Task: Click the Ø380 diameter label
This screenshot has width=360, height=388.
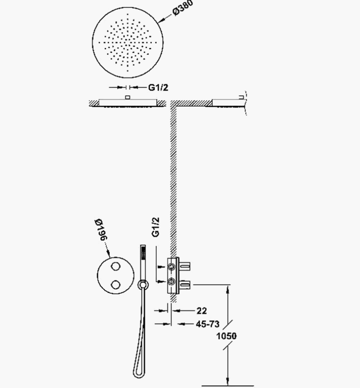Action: (x=183, y=8)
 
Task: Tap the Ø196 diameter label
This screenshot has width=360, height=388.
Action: (x=101, y=229)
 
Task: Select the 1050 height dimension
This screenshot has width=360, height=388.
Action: (x=226, y=336)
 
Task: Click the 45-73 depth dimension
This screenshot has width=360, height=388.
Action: (x=208, y=324)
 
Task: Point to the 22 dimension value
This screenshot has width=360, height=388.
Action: (x=201, y=311)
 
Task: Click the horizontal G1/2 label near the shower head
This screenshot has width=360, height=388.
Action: (x=158, y=87)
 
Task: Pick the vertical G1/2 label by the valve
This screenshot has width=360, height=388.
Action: (x=155, y=227)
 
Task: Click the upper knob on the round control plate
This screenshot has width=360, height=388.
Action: (x=116, y=267)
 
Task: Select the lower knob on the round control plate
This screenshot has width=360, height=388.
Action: (x=116, y=284)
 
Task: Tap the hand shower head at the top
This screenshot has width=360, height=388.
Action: (x=143, y=252)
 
